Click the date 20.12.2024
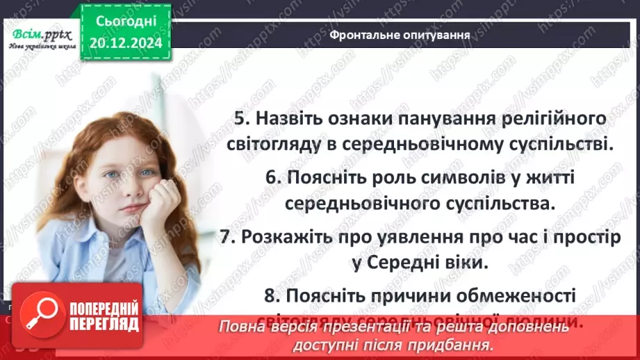coord(126,42)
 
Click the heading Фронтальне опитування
coord(399,33)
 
